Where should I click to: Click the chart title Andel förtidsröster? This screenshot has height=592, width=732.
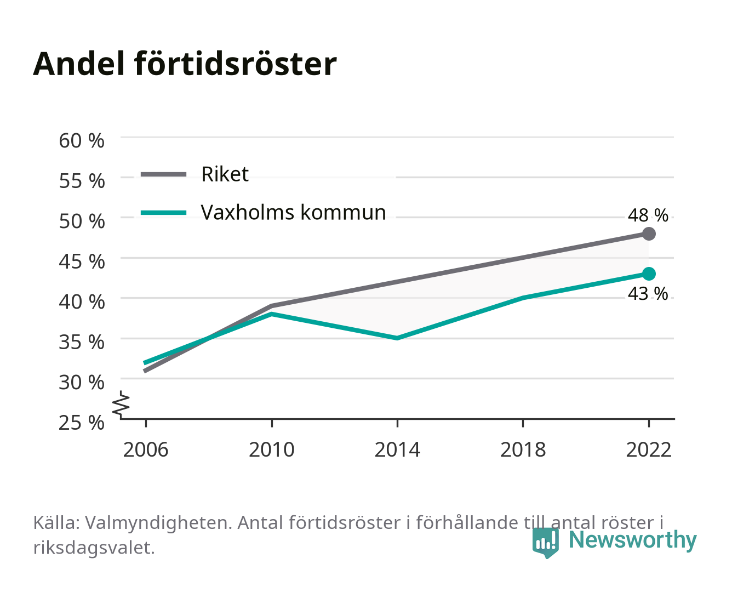(185, 64)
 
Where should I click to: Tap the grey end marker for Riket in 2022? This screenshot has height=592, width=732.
(649, 234)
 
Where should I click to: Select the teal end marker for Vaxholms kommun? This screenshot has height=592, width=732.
(649, 274)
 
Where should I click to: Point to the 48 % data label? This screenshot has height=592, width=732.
(648, 215)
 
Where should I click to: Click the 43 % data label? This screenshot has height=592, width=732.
(648, 294)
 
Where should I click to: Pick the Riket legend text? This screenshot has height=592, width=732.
(225, 174)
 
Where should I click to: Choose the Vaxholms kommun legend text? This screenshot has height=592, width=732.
(294, 213)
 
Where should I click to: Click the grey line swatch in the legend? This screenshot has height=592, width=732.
(164, 174)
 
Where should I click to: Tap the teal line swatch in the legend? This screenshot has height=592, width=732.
(164, 213)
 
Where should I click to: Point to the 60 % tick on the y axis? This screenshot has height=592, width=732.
(82, 141)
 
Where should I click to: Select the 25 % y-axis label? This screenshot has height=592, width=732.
(82, 423)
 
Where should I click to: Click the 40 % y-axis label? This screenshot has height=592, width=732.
(82, 302)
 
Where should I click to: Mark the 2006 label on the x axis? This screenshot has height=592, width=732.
(146, 449)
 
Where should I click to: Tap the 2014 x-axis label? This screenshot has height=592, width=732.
(397, 449)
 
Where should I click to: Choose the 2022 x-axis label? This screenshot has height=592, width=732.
(649, 449)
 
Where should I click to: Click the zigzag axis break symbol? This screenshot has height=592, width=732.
(121, 405)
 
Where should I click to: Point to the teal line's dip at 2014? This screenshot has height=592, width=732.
(397, 338)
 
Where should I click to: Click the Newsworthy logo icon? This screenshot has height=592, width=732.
(545, 543)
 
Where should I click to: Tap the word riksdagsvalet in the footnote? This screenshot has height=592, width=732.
(94, 548)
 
